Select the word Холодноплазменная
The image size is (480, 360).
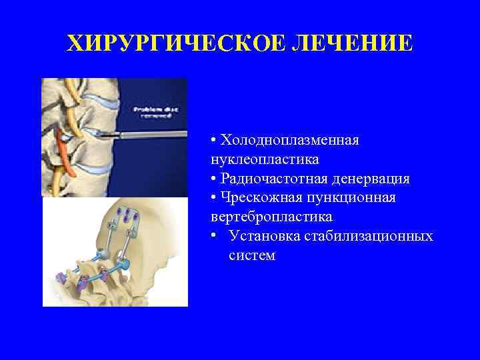[290, 141]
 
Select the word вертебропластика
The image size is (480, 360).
[271, 217]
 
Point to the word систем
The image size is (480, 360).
[251, 255]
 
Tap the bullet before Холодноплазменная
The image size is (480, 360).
[212, 141]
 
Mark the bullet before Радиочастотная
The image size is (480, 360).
[212, 179]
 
